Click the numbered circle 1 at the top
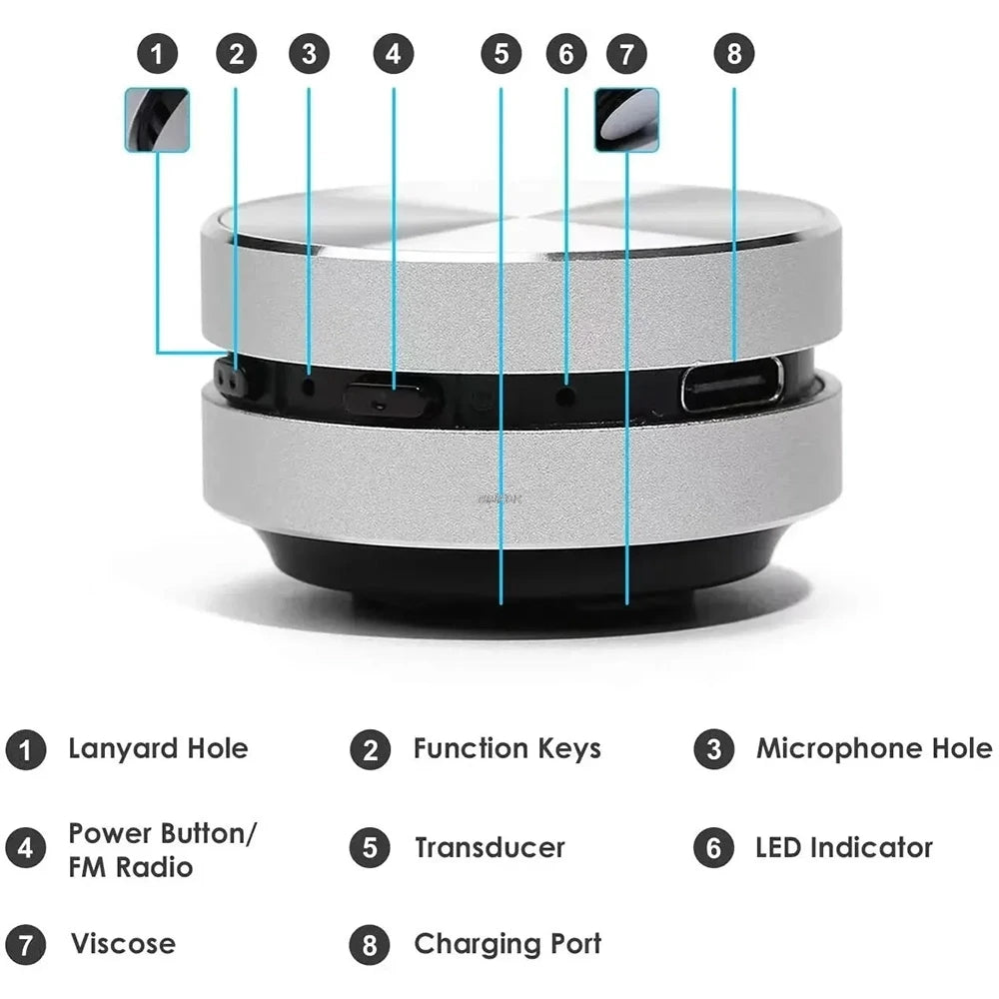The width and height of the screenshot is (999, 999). [157, 54]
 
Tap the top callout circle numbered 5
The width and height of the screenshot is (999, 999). [500, 54]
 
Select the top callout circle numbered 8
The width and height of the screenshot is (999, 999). [734, 54]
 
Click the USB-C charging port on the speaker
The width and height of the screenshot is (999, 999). [732, 385]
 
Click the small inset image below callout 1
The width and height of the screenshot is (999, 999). [157, 120]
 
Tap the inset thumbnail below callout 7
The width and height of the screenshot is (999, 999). [626, 120]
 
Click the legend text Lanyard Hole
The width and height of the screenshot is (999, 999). [158, 749]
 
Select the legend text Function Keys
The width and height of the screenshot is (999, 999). [506, 749]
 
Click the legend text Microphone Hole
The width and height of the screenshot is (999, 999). [874, 749]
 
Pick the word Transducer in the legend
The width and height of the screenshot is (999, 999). [490, 848]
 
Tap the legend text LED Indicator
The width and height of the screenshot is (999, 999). [843, 848]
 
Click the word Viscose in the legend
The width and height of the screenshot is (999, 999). [123, 944]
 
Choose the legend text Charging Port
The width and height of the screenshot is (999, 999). [507, 944]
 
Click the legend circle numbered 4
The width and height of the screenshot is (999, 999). [26, 848]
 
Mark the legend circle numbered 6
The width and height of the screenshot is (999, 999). [713, 848]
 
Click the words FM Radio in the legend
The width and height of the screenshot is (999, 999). [130, 866]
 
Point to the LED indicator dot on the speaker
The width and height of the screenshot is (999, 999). [565, 397]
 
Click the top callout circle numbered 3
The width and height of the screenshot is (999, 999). [309, 54]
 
